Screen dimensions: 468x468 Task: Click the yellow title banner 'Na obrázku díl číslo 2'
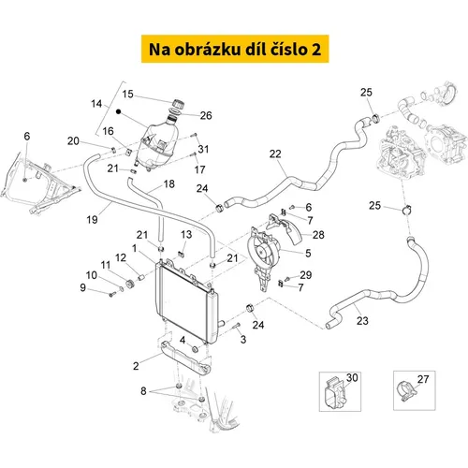pyautogui.click(x=235, y=49)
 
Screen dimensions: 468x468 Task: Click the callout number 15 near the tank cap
pyautogui.click(x=127, y=94)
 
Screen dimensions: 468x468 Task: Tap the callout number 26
pyautogui.click(x=206, y=115)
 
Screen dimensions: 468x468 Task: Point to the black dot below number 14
pyautogui.click(x=118, y=111)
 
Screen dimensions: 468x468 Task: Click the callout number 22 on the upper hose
pyautogui.click(x=275, y=154)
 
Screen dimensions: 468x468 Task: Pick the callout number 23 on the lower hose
pyautogui.click(x=362, y=320)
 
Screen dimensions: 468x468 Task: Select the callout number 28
pyautogui.click(x=318, y=235)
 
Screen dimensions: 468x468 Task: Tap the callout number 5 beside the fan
pyautogui.click(x=308, y=253)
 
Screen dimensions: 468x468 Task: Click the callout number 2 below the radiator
pyautogui.click(x=136, y=366)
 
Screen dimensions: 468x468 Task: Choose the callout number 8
pyautogui.click(x=143, y=390)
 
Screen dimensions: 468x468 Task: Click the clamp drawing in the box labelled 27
pyautogui.click(x=406, y=391)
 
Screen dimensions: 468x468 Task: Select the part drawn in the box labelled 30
pyautogui.click(x=334, y=393)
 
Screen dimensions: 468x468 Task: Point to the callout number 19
pyautogui.click(x=92, y=220)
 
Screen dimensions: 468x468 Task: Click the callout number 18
pyautogui.click(x=168, y=183)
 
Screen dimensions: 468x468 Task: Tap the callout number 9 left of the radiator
pyautogui.click(x=82, y=287)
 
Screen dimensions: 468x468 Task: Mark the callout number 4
pyautogui.click(x=183, y=340)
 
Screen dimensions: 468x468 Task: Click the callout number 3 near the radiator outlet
pyautogui.click(x=243, y=339)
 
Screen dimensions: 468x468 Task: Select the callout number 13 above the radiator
pyautogui.click(x=186, y=234)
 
